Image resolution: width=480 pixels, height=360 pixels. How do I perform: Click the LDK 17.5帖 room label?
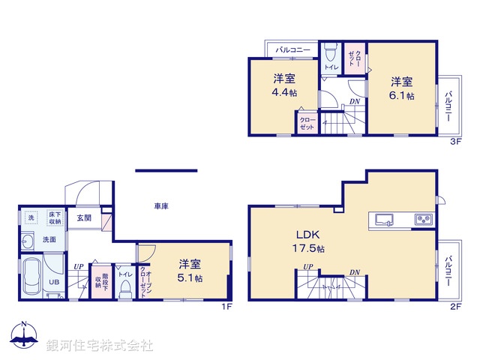point(307,241)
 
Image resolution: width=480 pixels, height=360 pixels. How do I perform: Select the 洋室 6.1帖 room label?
point(401,88)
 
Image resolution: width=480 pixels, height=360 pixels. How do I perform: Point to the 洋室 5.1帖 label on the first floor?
point(190,270)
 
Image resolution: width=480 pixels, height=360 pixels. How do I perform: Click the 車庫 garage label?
point(161,205)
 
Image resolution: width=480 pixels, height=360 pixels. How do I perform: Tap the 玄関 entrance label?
point(83,218)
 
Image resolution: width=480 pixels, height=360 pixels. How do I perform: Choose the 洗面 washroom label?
point(49,240)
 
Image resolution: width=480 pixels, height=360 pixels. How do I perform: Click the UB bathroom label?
point(53,282)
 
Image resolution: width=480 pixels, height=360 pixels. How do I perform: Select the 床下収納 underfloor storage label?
point(55,217)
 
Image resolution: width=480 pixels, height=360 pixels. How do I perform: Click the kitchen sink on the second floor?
point(384,220)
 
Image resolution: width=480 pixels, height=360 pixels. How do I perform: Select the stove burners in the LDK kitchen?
point(422,220)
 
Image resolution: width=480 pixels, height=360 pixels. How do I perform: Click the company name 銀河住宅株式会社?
point(99,346)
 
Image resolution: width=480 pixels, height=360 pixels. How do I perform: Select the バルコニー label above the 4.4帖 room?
point(293,49)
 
